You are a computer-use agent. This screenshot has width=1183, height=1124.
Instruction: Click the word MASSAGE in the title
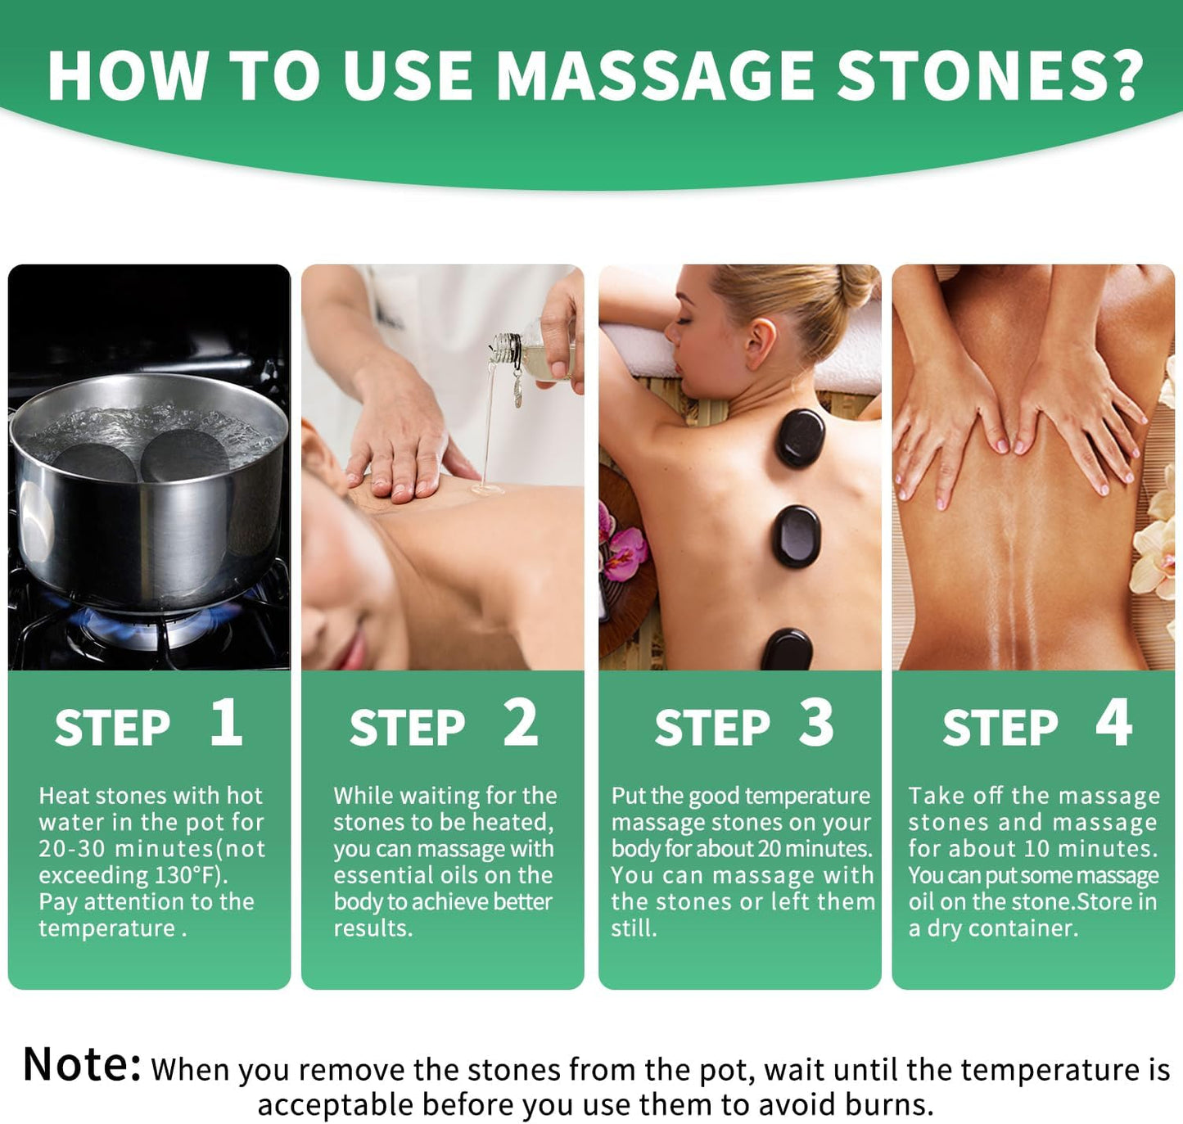coord(655,76)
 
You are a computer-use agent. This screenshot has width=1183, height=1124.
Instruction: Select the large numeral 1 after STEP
coord(226,723)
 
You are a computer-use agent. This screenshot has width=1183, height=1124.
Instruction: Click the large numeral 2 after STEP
coord(521,723)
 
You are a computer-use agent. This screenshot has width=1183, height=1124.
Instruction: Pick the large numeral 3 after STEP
coord(816,723)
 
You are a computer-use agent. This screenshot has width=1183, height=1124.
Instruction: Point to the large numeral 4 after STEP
coord(1113,723)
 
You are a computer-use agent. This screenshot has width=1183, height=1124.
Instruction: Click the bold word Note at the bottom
coord(82,1065)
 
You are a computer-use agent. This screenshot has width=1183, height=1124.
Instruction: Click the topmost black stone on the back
coord(800,438)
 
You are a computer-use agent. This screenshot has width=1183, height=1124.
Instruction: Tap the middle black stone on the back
coord(797,536)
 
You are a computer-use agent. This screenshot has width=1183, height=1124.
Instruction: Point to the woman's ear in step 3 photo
coord(760,341)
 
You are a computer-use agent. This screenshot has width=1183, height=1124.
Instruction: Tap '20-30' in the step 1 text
coord(72,849)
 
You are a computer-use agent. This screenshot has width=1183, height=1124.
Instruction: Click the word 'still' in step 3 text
coord(632,928)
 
